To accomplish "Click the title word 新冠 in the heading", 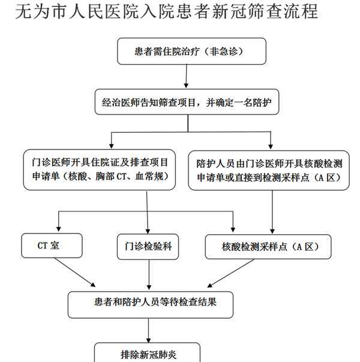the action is [229, 11].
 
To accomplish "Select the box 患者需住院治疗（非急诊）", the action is [191, 51].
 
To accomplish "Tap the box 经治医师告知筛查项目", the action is [187, 102].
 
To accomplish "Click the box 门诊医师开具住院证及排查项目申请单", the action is [100, 170].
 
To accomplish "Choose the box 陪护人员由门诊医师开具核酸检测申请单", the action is [269, 170].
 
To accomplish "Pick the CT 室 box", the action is [52, 246].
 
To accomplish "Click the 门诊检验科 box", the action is [148, 247].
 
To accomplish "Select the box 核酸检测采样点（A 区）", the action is [268, 247].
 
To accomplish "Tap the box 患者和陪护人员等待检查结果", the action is [151, 305].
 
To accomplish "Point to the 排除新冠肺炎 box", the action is [147, 353].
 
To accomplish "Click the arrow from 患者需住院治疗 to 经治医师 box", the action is [186, 76].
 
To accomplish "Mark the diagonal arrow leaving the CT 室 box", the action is [75, 272].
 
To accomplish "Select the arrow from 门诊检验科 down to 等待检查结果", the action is [149, 274].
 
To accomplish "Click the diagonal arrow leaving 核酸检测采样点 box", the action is [230, 273].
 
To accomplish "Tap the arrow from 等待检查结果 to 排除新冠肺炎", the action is [148, 330].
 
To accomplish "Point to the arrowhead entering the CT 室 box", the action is [58, 229].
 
